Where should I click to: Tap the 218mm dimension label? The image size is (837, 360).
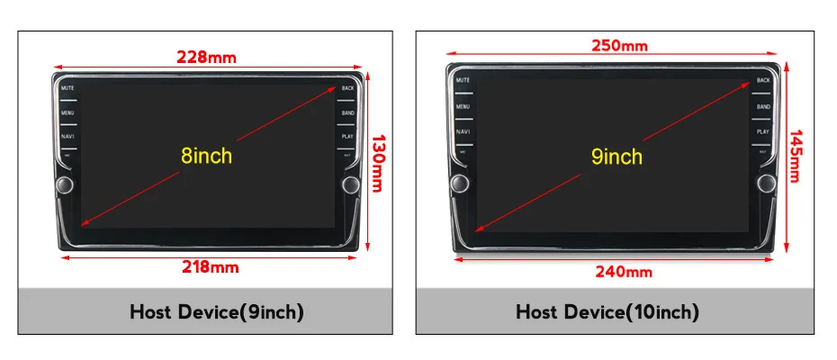pos(206,266)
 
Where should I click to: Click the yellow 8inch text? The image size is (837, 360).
pos(206,156)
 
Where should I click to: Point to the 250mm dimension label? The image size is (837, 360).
pos(618,45)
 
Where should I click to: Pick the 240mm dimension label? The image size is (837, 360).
pos(618,271)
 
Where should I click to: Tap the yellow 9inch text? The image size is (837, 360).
pos(617,157)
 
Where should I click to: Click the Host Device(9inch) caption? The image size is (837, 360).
pos(217,312)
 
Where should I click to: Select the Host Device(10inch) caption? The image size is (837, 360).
pos(607,312)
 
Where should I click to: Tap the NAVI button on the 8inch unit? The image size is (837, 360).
pos(67,136)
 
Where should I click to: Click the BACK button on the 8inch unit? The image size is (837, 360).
pos(347,89)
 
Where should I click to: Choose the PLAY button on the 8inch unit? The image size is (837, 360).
pos(347,136)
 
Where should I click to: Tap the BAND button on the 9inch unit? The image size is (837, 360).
pos(763,107)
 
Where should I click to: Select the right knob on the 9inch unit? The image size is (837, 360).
pos(766,184)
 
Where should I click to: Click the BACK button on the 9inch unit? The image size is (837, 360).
pos(763,81)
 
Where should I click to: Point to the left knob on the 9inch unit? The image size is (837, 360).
pos(461,184)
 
